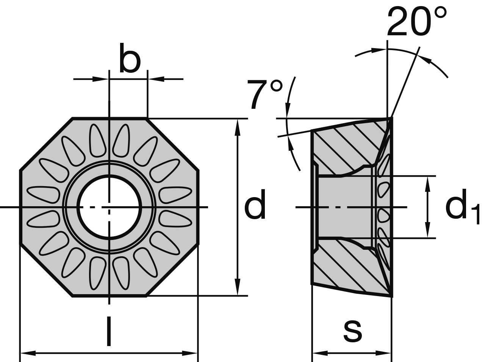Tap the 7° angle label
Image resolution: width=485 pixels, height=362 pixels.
(x=265, y=95)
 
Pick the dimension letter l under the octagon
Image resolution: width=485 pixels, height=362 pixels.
(x=109, y=332)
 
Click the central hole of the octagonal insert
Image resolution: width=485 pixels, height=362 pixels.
(x=109, y=207)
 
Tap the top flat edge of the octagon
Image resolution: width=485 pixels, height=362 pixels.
(x=109, y=119)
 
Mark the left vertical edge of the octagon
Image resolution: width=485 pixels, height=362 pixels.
(x=20, y=207)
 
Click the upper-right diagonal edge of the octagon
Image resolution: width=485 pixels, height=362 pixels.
(x=172, y=144)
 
